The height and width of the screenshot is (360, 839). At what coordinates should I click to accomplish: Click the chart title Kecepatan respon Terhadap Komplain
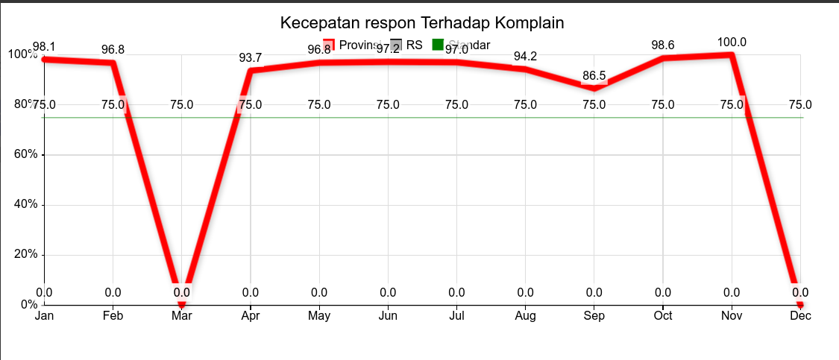coord(422,22)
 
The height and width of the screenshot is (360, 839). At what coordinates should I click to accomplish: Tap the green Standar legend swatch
coord(439,45)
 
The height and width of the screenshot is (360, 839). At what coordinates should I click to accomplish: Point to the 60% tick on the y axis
coord(23,154)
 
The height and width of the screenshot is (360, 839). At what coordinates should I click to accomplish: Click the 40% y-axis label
coord(23,204)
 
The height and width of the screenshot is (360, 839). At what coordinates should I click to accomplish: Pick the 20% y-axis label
coord(23,254)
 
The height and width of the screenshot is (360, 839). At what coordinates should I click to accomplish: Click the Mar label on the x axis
coord(181,316)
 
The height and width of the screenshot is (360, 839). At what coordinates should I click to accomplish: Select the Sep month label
coord(594,316)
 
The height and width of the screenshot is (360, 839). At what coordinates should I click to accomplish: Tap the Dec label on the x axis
coord(800,316)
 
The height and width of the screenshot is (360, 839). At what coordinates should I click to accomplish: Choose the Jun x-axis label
coord(388,316)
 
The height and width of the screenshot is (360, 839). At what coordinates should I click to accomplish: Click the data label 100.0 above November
coord(732,42)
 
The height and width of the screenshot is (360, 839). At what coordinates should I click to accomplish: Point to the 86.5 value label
coord(594,76)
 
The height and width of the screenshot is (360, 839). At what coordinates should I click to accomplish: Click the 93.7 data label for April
coord(251,58)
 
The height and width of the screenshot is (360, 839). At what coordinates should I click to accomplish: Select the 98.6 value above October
coord(663,45)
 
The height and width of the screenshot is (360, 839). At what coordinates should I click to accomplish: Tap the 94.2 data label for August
coord(525,57)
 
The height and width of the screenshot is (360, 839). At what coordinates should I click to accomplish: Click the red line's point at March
coord(181,303)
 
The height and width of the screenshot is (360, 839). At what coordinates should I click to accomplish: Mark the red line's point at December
coord(800,303)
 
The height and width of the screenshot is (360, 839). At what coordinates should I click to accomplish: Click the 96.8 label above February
coord(113,50)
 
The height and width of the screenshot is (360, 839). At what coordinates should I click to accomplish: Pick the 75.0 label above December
coord(800,104)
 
